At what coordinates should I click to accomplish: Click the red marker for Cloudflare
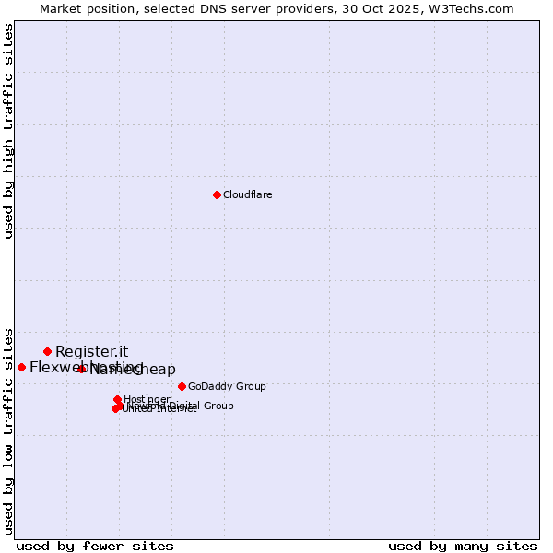pyautogui.click(x=217, y=194)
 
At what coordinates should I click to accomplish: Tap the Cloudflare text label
pyautogui.click(x=247, y=194)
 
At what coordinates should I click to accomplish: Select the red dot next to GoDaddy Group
pyautogui.click(x=182, y=386)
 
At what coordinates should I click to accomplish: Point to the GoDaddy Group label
pyautogui.click(x=227, y=386)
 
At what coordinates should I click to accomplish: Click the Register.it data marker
pyautogui.click(x=47, y=351)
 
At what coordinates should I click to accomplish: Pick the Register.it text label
pyautogui.click(x=91, y=351)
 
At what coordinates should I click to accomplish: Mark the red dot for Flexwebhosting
pyautogui.click(x=21, y=367)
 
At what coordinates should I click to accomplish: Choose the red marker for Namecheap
pyautogui.click(x=81, y=369)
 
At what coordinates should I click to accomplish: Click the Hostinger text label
pyautogui.click(x=147, y=399)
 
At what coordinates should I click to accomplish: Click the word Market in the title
pyautogui.click(x=60, y=8)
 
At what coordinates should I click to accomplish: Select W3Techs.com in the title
pyautogui.click(x=475, y=8)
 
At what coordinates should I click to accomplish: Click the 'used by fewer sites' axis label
pyautogui.click(x=95, y=546)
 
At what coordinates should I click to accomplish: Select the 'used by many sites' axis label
pyautogui.click(x=463, y=546)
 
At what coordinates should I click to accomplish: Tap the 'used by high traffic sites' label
pyautogui.click(x=8, y=131)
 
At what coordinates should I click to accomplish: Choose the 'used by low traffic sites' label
pyautogui.click(x=8, y=430)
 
